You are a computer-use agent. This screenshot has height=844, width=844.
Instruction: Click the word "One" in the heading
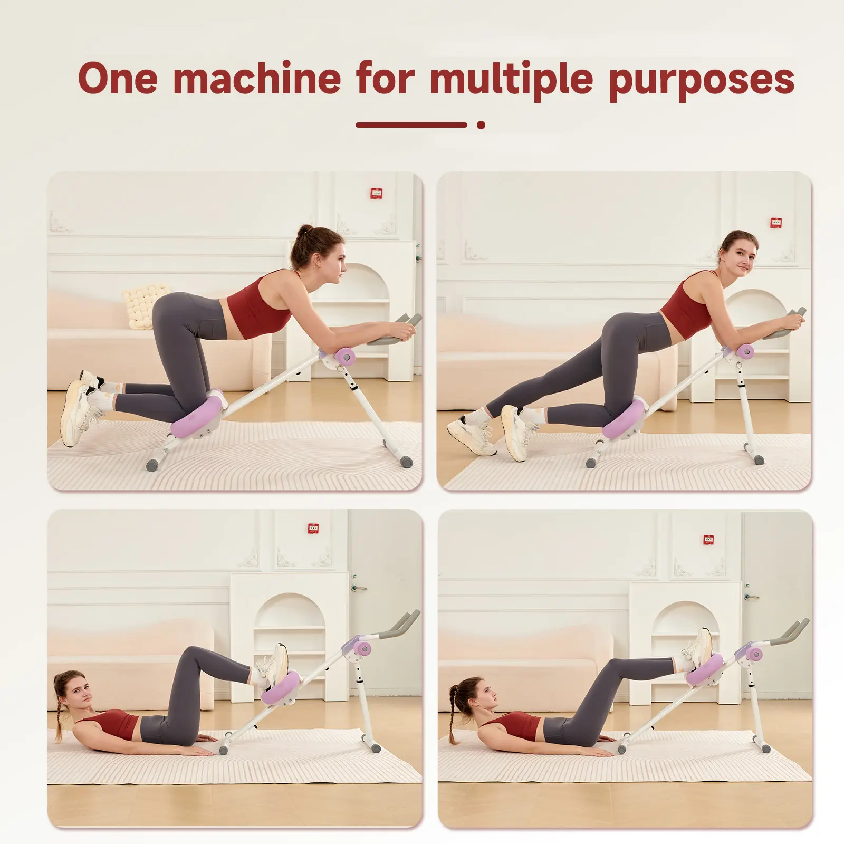pyautogui.click(x=118, y=78)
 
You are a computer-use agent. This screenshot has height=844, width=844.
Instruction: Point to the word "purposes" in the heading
pyautogui.click(x=702, y=82)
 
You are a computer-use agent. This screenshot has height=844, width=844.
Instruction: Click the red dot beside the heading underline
pyautogui.click(x=481, y=125)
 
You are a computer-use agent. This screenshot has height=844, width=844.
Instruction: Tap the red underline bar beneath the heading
pyautogui.click(x=411, y=125)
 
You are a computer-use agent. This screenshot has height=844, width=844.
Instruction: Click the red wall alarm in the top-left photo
pyautogui.click(x=376, y=194)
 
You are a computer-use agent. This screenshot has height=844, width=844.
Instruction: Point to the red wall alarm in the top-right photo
pyautogui.click(x=775, y=223)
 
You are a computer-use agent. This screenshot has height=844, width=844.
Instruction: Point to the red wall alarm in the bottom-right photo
pyautogui.click(x=708, y=540)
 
